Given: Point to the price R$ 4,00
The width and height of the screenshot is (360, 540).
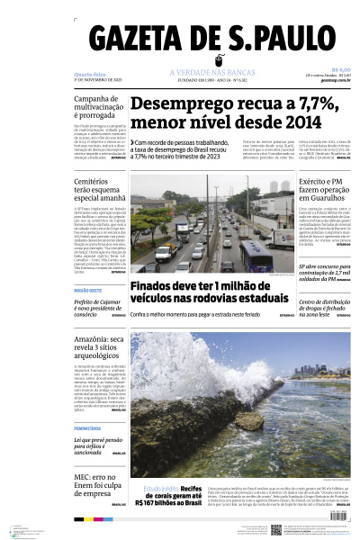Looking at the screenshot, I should click(340, 69).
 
